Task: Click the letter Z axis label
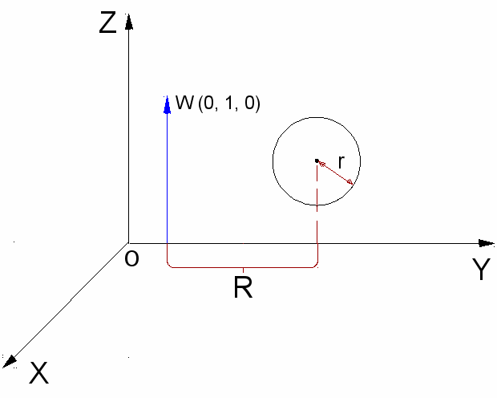click(107, 23)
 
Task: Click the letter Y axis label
click(480, 271)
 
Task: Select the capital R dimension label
click(243, 288)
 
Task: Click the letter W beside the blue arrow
click(184, 104)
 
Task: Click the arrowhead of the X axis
click(10, 358)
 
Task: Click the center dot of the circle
click(317, 160)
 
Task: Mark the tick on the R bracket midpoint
click(243, 269)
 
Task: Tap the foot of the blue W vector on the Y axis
click(167, 243)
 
